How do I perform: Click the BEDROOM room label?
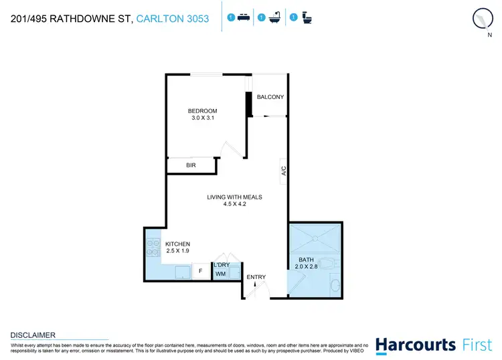point(202,111)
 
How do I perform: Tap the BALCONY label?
point(270,97)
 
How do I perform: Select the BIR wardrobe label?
point(190,164)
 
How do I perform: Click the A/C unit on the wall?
point(284,171)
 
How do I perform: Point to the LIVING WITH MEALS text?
point(234,197)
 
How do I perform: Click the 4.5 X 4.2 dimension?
point(234,205)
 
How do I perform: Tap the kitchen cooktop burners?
point(151,248)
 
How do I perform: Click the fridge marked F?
point(200,272)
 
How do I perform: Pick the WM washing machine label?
point(220,274)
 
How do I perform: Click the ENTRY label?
point(256,277)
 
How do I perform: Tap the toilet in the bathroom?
point(326,262)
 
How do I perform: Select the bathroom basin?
point(335,286)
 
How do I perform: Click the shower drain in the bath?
point(315,239)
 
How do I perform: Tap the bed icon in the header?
point(245,17)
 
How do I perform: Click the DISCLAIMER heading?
point(33,335)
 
